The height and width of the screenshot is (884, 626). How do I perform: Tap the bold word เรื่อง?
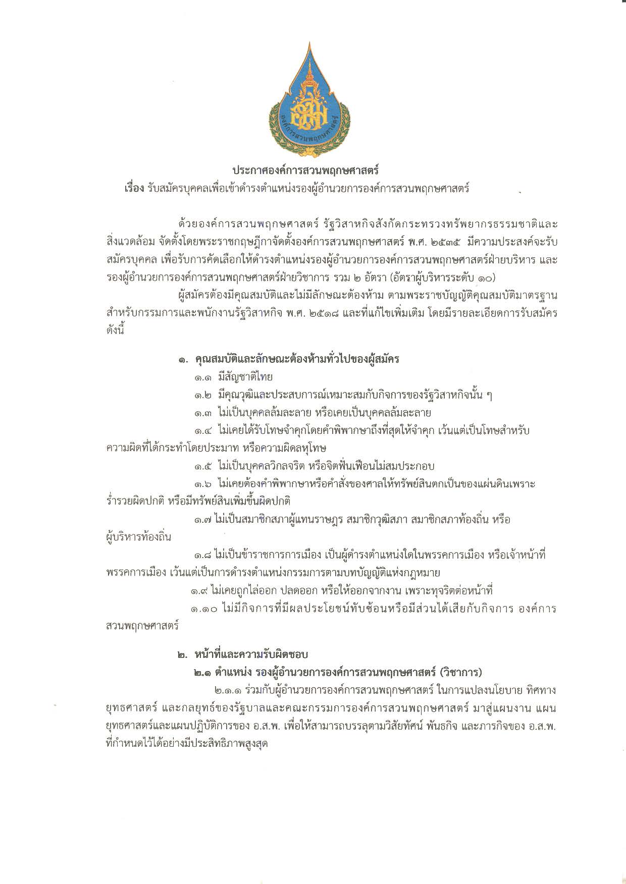(134, 189)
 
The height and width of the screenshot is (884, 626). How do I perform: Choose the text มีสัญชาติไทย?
(245, 377)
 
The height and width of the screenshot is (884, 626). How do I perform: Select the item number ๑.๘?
(203, 556)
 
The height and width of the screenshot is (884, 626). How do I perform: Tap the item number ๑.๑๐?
(204, 609)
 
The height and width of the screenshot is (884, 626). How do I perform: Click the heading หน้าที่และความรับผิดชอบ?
(251, 655)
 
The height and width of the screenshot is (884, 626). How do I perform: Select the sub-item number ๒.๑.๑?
(227, 690)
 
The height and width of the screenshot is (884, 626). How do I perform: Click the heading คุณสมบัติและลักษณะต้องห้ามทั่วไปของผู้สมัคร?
(297, 359)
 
